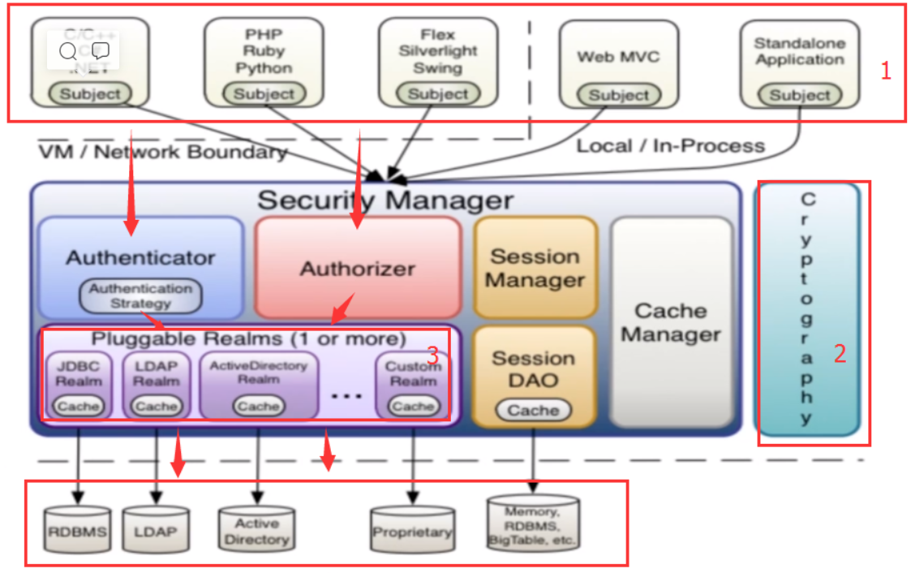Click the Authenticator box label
click(x=140, y=258)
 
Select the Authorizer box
click(x=358, y=268)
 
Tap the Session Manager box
click(x=535, y=268)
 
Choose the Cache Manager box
click(x=671, y=322)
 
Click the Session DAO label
click(x=534, y=369)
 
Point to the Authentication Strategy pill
click(x=140, y=296)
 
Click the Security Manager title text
click(x=385, y=200)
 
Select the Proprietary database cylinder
click(x=412, y=532)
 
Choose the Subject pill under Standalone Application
click(x=799, y=95)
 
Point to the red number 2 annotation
click(x=840, y=354)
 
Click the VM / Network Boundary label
click(x=162, y=152)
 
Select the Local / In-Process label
click(x=670, y=146)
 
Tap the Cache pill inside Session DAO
click(x=533, y=411)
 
